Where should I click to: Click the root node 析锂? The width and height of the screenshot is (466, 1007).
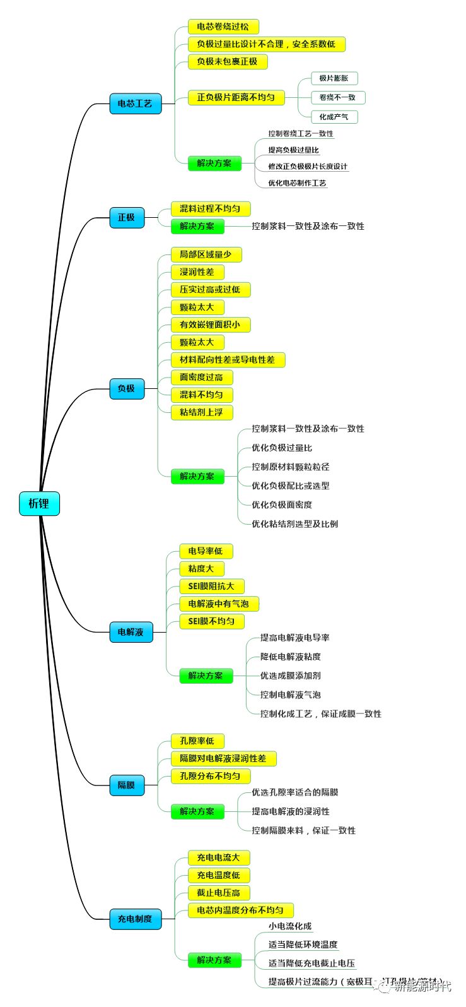pos(39,504)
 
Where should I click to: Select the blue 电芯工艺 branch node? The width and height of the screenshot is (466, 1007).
pos(135,104)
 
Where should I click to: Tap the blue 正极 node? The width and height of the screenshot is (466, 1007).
pos(126,217)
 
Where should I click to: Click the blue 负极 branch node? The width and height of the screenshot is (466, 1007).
pos(126,388)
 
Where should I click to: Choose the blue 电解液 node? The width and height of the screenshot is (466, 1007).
pos(131,632)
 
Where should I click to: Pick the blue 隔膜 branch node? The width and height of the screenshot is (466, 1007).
pos(126,785)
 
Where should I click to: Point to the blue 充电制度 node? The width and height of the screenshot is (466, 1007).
pos(135,919)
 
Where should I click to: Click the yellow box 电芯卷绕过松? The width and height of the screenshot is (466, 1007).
pos(223,27)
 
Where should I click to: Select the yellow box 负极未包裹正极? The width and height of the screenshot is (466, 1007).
pos(227,61)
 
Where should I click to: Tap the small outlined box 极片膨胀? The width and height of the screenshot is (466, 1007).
pos(334,78)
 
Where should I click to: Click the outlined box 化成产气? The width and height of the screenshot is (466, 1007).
pos(334,117)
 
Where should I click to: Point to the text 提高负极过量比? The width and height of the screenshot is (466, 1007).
pos(293,150)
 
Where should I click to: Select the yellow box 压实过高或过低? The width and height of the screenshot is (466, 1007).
pos(210,290)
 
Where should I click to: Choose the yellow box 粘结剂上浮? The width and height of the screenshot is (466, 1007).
pos(201,412)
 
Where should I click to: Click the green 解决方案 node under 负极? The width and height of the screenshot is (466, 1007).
pos(197,476)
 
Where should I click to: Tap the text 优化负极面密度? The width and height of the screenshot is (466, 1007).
pos(282,504)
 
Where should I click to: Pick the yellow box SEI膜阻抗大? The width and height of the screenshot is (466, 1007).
pos(211,586)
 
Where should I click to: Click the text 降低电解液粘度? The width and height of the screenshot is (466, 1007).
pos(291,657)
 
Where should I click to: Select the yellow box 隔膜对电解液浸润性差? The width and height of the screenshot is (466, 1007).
pos(223,758)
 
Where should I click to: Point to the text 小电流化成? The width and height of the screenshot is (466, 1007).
pos(290,926)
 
